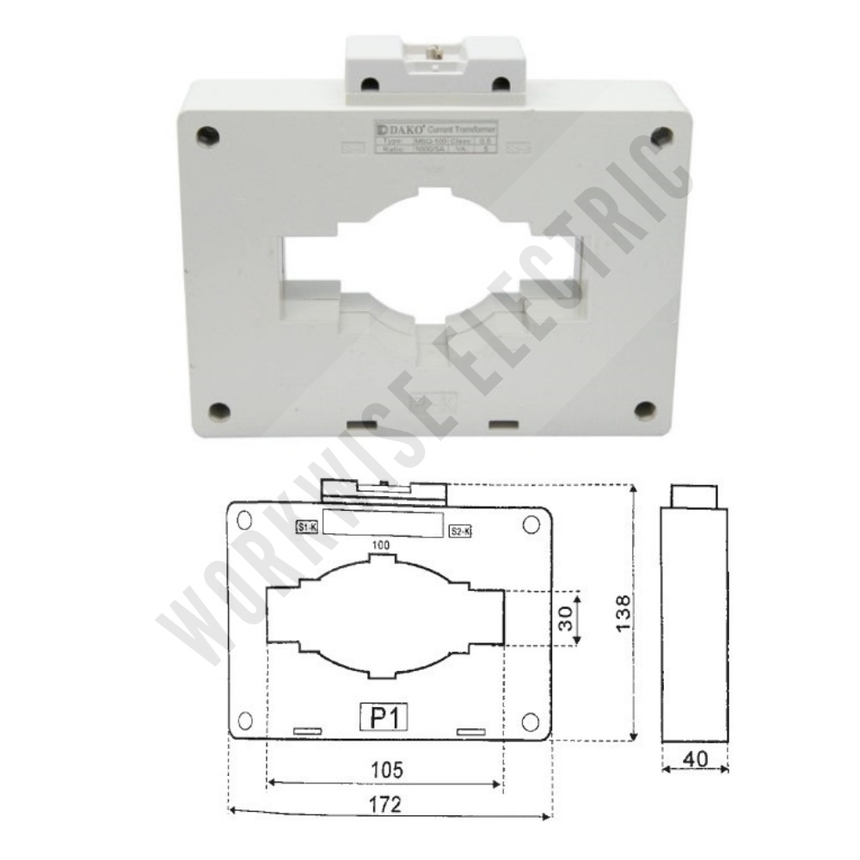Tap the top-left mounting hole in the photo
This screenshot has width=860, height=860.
(x=205, y=134)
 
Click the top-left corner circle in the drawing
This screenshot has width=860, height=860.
(x=244, y=519)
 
